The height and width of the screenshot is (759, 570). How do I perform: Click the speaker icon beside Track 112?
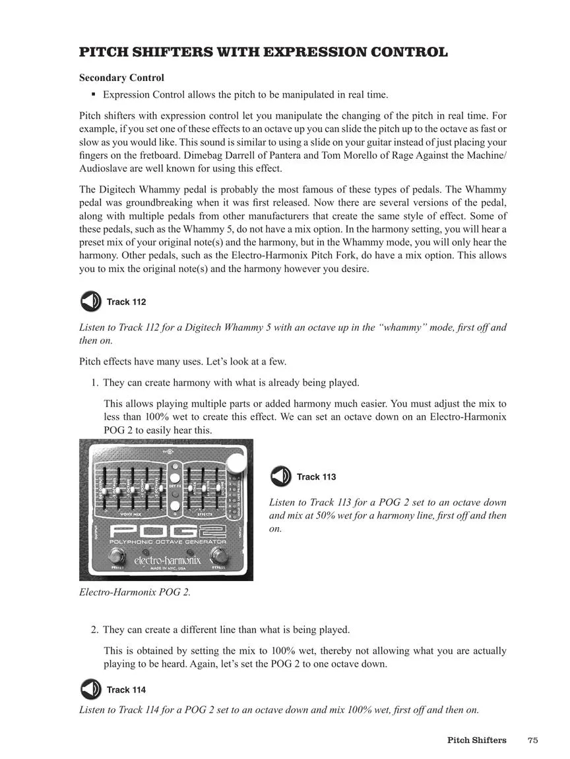(x=90, y=302)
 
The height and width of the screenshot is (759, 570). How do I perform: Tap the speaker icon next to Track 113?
(x=280, y=476)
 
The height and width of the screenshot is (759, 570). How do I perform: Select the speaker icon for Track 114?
(x=90, y=689)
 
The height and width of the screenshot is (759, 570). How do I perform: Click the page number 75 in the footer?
(x=533, y=740)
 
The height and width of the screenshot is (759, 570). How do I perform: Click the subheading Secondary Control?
(x=121, y=78)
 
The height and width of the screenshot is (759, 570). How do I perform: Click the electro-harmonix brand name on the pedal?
(x=168, y=560)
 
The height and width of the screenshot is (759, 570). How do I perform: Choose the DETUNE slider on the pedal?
(x=218, y=488)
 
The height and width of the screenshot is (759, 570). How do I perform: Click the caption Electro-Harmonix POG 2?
(x=135, y=592)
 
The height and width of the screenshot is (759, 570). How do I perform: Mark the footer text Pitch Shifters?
(x=476, y=740)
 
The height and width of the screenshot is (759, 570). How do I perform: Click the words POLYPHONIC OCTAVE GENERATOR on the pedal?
(x=168, y=542)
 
